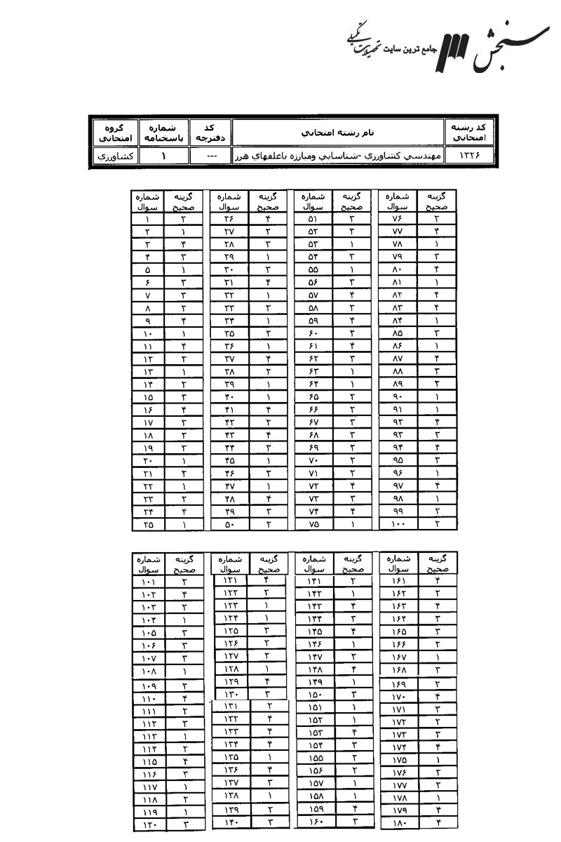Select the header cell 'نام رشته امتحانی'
click(342, 131)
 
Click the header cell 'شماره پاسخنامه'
click(163, 131)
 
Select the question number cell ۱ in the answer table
click(148, 219)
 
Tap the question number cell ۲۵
click(148, 523)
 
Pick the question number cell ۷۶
click(397, 219)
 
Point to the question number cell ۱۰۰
click(397, 523)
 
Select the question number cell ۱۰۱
click(148, 582)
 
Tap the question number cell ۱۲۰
click(148, 825)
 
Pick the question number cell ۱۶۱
click(397, 581)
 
